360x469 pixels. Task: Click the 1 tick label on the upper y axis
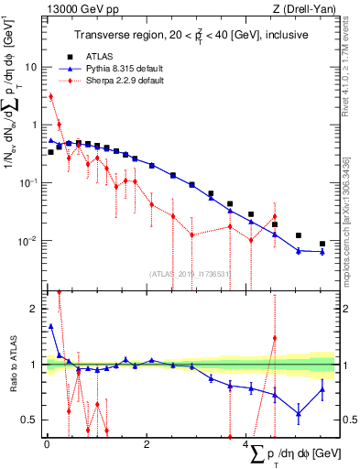point(35,125)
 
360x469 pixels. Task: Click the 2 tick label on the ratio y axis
point(35,309)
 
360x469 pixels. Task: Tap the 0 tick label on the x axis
point(47,444)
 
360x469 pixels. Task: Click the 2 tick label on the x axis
point(147,444)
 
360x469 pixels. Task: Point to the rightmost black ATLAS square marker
point(322,244)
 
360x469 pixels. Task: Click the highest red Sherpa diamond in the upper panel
point(51,96)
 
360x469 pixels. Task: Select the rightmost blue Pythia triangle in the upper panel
point(322,252)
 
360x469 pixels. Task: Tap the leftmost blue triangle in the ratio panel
point(51,325)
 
